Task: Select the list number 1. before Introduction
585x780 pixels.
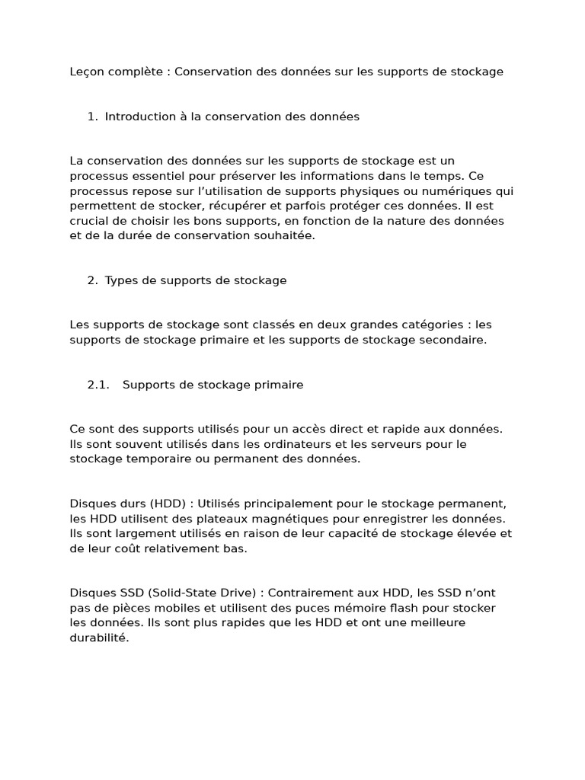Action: point(92,117)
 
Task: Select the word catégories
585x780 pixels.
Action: point(422,324)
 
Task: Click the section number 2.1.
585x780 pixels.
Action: point(99,385)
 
